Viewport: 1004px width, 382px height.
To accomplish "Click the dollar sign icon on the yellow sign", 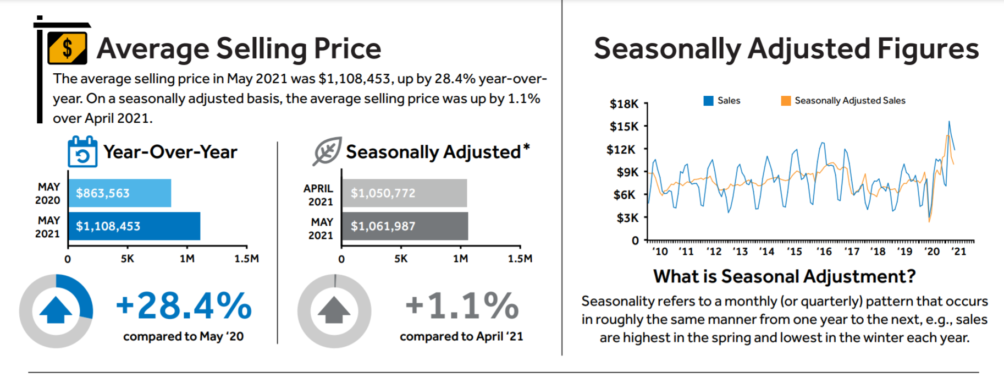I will (67, 48).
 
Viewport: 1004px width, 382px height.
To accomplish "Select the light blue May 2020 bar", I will (119, 193).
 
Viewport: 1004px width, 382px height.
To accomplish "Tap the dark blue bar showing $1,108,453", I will (134, 226).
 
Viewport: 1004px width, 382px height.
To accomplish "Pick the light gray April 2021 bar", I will (404, 193).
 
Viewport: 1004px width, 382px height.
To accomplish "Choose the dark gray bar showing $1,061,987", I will (405, 226).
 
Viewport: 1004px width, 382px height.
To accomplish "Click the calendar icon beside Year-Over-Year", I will (82, 152).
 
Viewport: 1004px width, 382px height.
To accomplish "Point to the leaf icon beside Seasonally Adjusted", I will (327, 151).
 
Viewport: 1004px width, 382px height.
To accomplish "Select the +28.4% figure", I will (184, 305).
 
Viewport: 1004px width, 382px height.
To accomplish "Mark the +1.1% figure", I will (462, 305).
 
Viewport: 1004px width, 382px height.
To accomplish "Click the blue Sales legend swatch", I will (709, 101).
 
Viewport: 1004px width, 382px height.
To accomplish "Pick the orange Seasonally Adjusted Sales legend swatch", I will (786, 101).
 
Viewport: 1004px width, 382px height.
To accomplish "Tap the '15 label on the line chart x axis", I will (794, 252).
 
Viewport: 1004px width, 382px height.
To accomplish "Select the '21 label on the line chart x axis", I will (958, 252).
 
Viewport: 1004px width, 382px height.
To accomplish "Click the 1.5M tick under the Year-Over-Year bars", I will (246, 258).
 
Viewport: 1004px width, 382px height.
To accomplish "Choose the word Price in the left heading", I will (347, 48).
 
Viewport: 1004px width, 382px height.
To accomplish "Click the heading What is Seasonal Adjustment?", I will (785, 276).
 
